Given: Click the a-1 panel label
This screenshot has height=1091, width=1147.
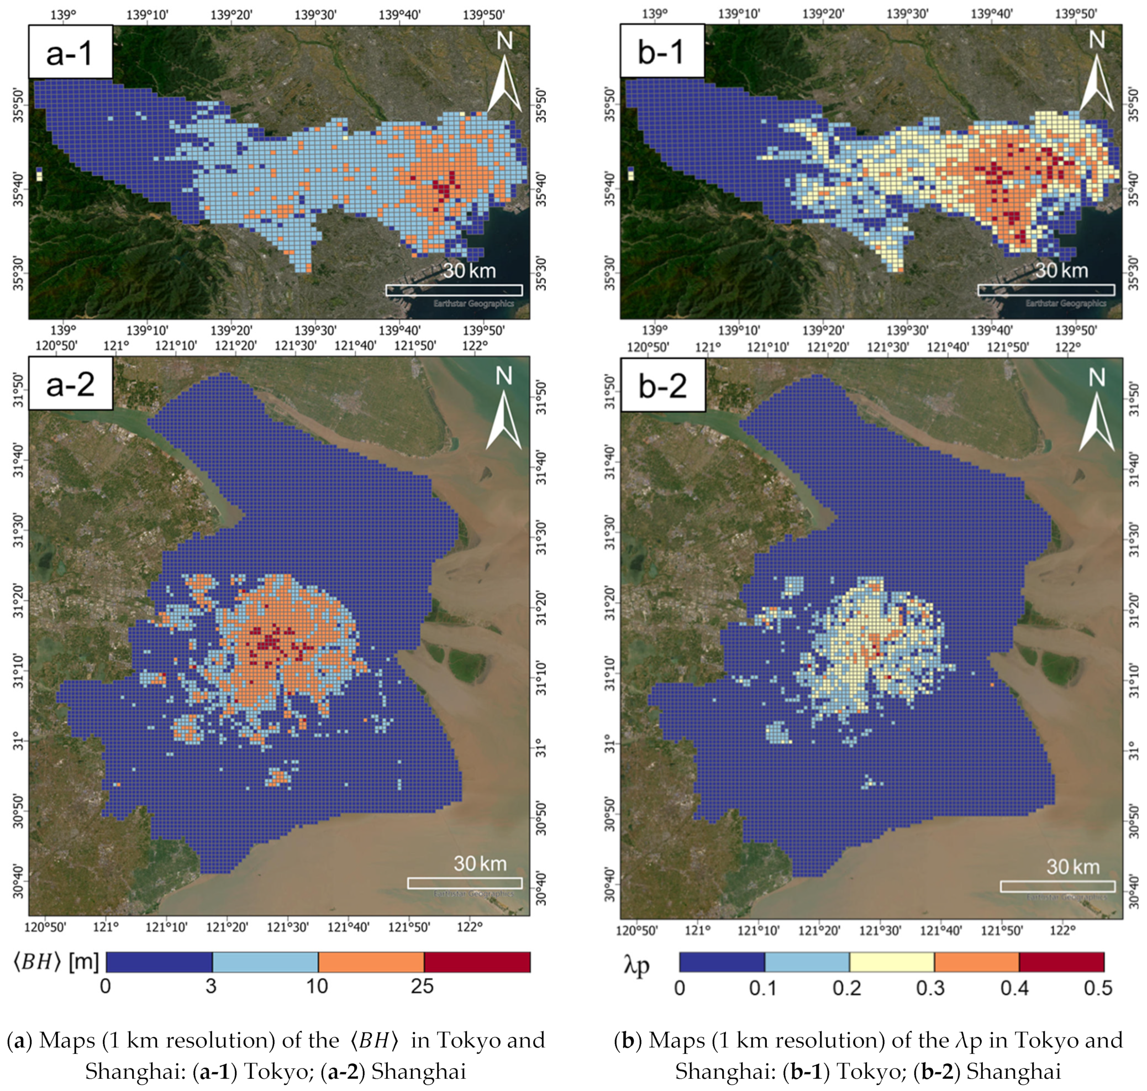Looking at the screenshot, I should click(x=70, y=53).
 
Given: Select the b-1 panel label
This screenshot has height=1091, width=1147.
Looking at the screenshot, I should click(x=661, y=53).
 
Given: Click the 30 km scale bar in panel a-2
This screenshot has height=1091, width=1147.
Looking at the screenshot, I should click(x=465, y=883).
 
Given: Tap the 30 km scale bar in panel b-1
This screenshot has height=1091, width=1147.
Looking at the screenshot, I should click(x=1046, y=290).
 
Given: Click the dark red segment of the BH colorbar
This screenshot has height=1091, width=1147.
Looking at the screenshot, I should click(x=477, y=962).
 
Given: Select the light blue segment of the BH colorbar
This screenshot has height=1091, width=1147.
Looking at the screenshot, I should click(x=265, y=962).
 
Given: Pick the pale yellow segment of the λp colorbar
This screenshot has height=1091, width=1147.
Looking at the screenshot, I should click(x=891, y=962).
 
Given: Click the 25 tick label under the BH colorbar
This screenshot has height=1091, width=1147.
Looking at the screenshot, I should click(x=422, y=987).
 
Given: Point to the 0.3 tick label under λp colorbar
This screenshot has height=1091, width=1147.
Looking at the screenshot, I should click(x=930, y=988).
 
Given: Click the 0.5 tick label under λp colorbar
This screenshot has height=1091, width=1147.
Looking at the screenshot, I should click(x=1098, y=988).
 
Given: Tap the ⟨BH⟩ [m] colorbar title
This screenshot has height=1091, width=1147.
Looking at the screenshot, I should click(x=56, y=962).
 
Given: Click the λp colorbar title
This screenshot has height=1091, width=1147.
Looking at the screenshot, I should click(x=636, y=966).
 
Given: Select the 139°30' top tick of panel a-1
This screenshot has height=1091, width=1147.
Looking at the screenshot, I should click(x=315, y=14).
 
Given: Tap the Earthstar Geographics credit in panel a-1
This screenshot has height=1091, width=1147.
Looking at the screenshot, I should click(x=473, y=303).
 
